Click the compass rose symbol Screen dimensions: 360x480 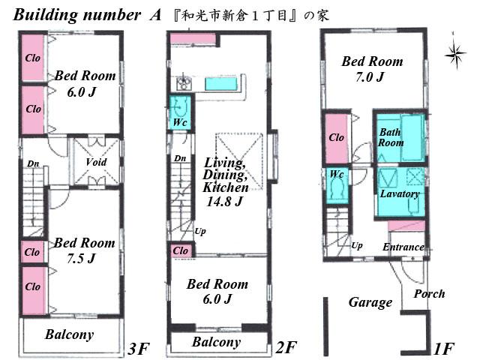point(453,53)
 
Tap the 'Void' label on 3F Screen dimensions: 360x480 point(96,162)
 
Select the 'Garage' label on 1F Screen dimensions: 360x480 point(370,302)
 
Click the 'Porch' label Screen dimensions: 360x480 point(429,294)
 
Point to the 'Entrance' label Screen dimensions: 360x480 point(403,247)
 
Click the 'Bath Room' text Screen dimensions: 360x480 point(391,137)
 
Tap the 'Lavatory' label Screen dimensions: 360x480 point(400,193)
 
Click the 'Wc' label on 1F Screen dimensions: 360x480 point(337,174)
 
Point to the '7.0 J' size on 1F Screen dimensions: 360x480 point(370,76)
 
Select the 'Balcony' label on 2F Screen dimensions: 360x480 point(217,343)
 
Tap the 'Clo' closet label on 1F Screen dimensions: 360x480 point(337,138)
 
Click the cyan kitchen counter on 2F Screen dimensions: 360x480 point(218,83)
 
